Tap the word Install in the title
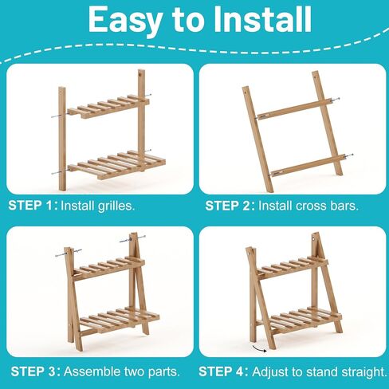(x=262, y=19)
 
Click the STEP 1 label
(x=31, y=206)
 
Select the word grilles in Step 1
(x=115, y=206)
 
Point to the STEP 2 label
(x=228, y=206)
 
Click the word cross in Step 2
(x=311, y=206)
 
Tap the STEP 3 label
(x=34, y=371)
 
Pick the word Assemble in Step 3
(x=92, y=371)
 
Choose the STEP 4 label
(x=222, y=371)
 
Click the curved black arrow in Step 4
(x=259, y=348)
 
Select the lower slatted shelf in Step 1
(x=116, y=165)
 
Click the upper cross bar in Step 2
(x=295, y=109)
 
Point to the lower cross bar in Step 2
(x=309, y=166)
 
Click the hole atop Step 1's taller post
(x=140, y=75)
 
